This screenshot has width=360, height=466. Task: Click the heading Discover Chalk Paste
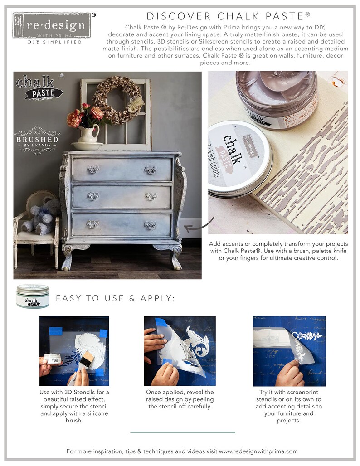[x=228, y=16]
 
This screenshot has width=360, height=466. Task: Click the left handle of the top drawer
[x=93, y=169]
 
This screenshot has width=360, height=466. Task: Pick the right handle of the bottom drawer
[x=150, y=225]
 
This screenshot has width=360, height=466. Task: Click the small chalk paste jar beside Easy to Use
[x=32, y=296]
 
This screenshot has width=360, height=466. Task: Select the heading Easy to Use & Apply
[x=115, y=298]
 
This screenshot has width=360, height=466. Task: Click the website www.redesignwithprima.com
[x=258, y=451]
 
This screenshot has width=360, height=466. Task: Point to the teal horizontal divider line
[x=182, y=432]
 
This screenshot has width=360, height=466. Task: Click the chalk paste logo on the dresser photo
[x=39, y=87]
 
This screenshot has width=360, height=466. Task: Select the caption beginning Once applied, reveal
[x=180, y=399]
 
